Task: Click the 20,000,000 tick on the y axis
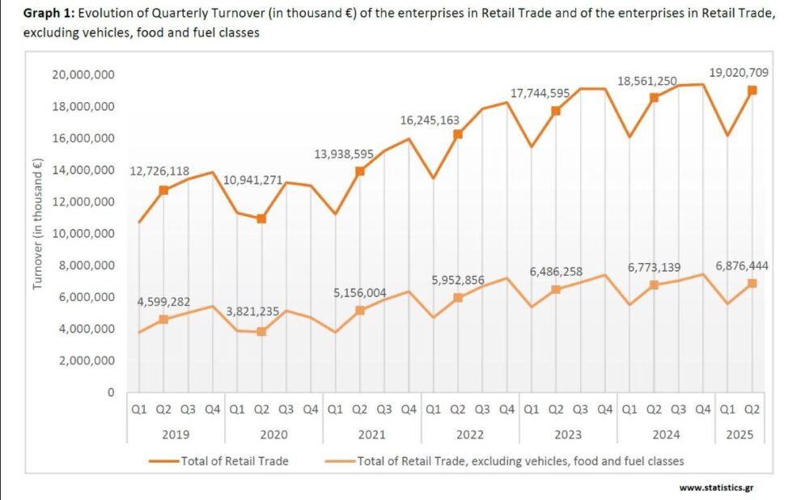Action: pos(82,74)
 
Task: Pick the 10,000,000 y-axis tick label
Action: pos(82,234)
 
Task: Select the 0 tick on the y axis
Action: pos(110,392)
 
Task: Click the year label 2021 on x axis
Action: pos(371,434)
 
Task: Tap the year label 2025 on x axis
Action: pos(740,434)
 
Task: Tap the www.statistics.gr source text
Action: pos(711,488)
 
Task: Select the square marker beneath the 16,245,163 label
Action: pos(457,134)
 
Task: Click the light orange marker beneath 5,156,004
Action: pos(360,311)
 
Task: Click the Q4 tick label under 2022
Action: pos(506,409)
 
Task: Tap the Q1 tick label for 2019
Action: pos(138,409)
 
